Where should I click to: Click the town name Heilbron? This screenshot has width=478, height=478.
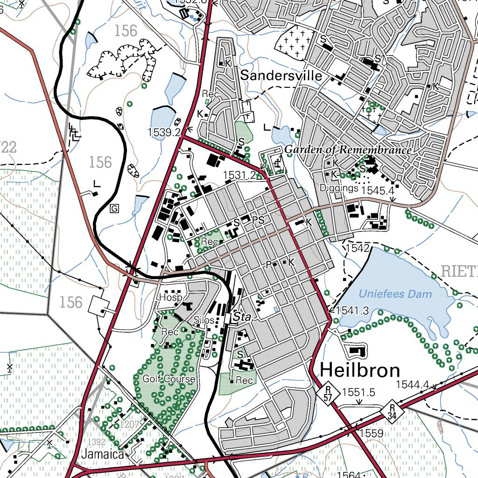(x=360, y=370)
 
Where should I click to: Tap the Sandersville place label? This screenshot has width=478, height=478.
(x=281, y=76)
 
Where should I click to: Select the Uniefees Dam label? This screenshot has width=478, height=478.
(x=395, y=294)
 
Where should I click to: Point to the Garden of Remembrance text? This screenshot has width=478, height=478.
(x=348, y=150)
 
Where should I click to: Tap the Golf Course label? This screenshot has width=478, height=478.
(x=169, y=379)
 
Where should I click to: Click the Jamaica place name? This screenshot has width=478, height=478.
(x=103, y=454)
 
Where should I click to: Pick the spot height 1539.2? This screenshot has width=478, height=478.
(x=164, y=133)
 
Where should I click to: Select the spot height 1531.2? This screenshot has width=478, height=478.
(x=239, y=175)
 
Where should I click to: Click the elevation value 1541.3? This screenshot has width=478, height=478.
(x=352, y=310)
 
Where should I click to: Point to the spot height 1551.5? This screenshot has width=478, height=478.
(x=358, y=393)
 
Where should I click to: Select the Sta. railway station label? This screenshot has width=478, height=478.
(x=243, y=317)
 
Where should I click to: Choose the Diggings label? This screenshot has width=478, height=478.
(x=339, y=188)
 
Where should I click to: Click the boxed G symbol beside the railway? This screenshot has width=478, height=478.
(x=114, y=208)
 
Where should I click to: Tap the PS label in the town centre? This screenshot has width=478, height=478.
(x=258, y=220)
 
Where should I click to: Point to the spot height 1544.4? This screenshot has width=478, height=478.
(x=412, y=385)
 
